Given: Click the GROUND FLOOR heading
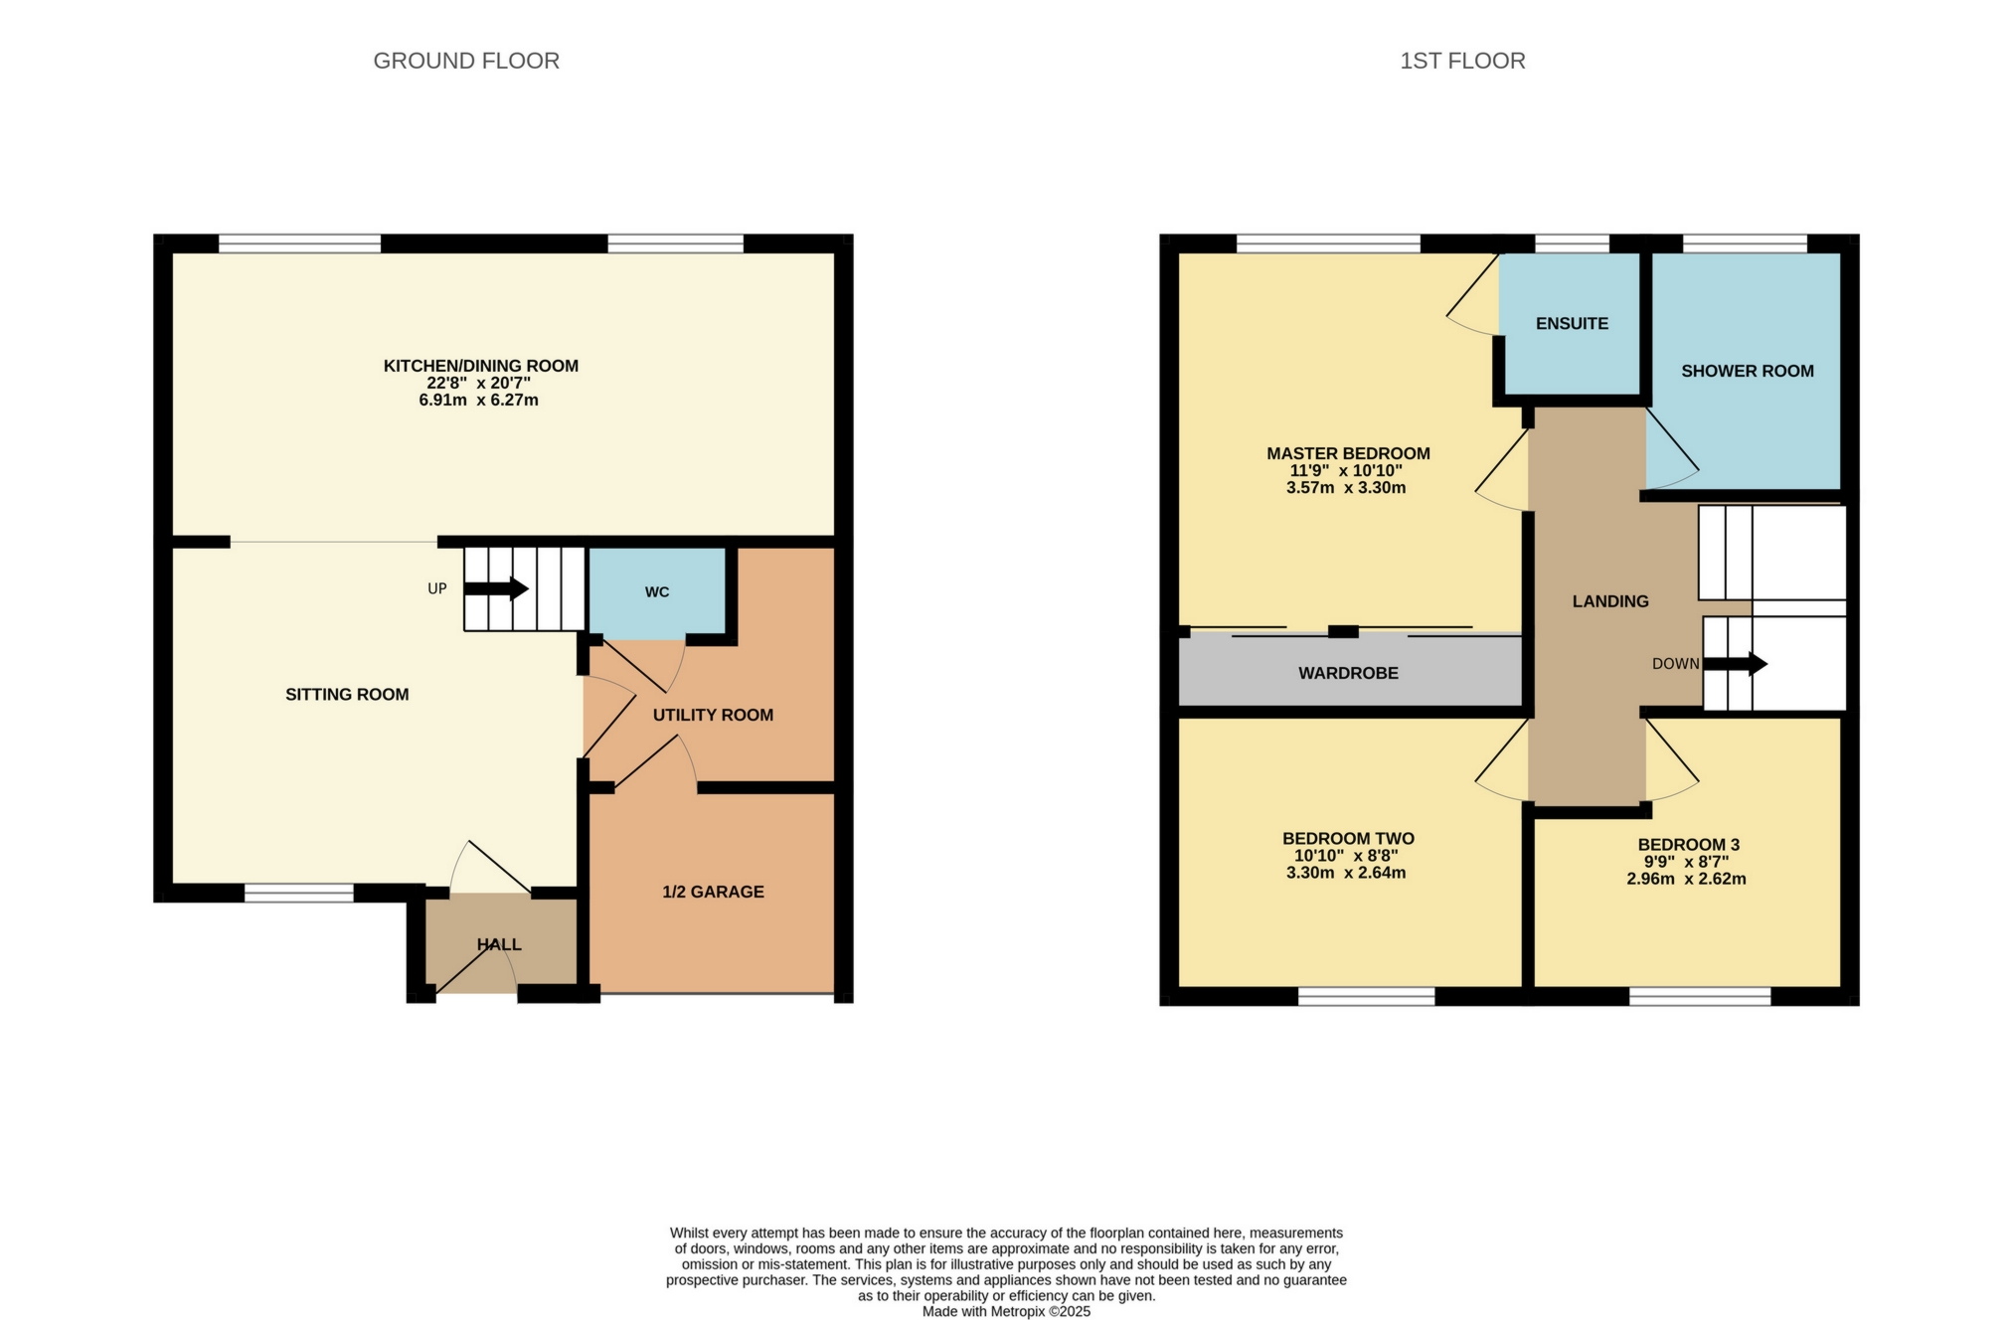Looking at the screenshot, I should click(x=466, y=61).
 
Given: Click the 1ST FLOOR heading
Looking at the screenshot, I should click(x=1462, y=61).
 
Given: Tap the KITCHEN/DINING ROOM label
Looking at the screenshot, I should click(x=480, y=366).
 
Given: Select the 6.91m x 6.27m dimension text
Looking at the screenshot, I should click(x=478, y=401).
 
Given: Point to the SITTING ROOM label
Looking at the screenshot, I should click(x=347, y=695).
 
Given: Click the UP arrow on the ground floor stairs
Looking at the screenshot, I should click(x=496, y=588).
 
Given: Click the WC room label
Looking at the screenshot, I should click(x=657, y=592).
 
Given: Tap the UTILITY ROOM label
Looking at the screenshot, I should click(x=713, y=715).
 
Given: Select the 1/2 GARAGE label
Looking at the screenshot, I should click(x=713, y=892).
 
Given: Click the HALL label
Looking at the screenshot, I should click(x=499, y=944).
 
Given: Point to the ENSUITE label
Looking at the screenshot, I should click(x=1572, y=324).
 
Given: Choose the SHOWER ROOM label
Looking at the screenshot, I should click(x=1747, y=371).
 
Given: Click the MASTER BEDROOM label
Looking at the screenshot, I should click(x=1348, y=453).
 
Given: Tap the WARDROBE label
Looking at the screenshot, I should click(x=1348, y=673).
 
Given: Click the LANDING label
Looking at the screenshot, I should click(x=1610, y=601).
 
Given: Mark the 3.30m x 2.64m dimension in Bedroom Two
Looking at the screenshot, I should click(x=1346, y=874).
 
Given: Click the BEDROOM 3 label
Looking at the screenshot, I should click(x=1688, y=845).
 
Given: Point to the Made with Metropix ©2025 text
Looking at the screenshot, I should click(x=1006, y=1311).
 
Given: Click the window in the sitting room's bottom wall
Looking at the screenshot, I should click(x=299, y=893).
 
